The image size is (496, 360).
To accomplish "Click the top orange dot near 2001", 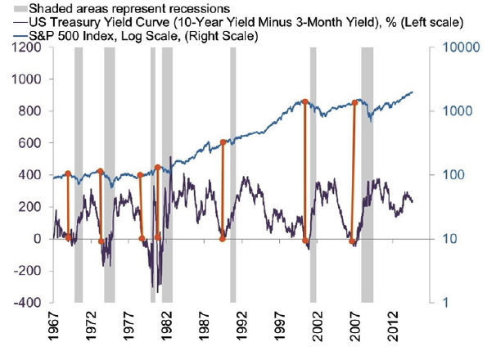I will click(304, 102).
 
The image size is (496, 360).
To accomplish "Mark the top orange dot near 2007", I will click(354, 103).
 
